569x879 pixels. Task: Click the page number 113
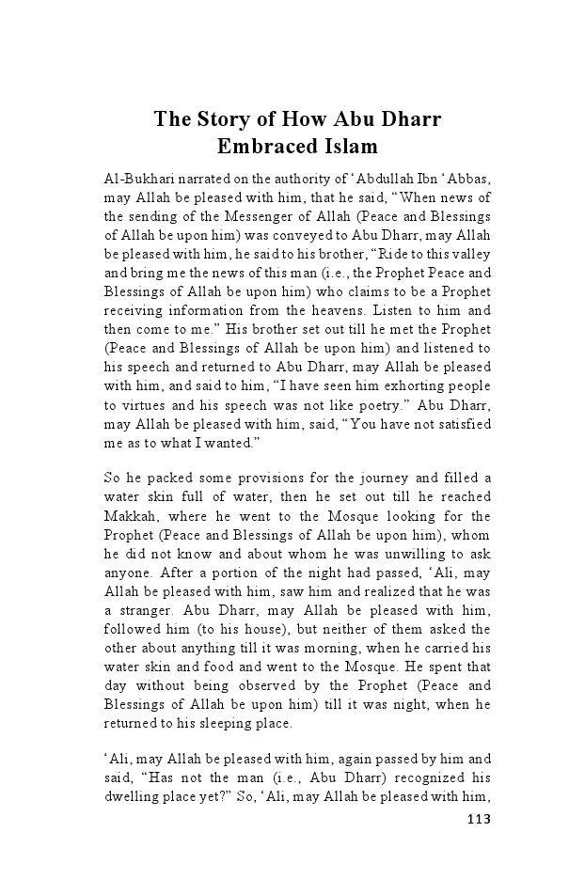coord(479,819)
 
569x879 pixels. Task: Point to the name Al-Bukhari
coord(135,176)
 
